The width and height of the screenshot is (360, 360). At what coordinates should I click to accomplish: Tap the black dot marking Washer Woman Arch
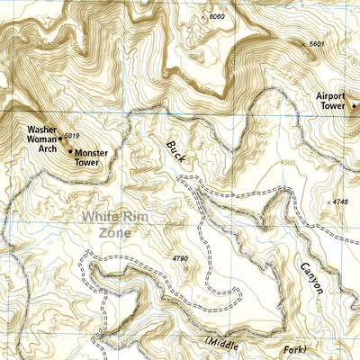point(60,139)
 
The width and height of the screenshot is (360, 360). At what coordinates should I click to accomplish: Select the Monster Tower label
point(91,158)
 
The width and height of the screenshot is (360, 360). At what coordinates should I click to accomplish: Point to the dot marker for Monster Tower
point(70,151)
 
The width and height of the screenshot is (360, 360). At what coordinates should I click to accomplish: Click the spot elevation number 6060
point(215,17)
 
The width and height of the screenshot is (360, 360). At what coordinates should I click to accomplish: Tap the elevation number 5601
point(315,44)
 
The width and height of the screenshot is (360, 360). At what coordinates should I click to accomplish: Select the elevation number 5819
point(72,136)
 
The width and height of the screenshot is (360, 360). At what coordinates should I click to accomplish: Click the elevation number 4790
point(180,259)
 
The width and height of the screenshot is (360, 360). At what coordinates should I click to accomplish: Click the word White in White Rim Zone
point(104,216)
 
